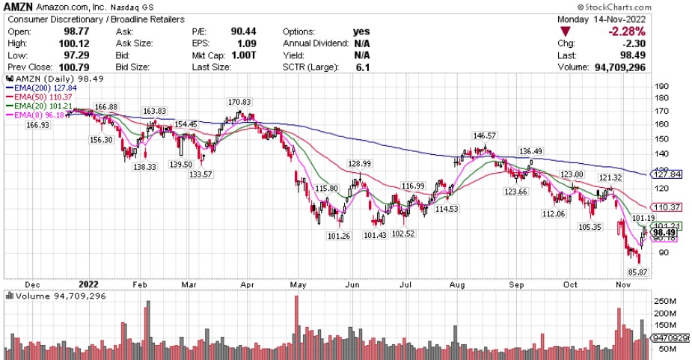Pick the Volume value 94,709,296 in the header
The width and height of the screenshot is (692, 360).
click(x=646, y=68)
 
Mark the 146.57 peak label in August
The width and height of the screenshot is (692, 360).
click(x=485, y=135)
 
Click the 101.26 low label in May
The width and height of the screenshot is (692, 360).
click(x=339, y=236)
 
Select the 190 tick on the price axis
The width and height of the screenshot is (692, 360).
click(x=661, y=86)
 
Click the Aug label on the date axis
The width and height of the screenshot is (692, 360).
click(x=459, y=284)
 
